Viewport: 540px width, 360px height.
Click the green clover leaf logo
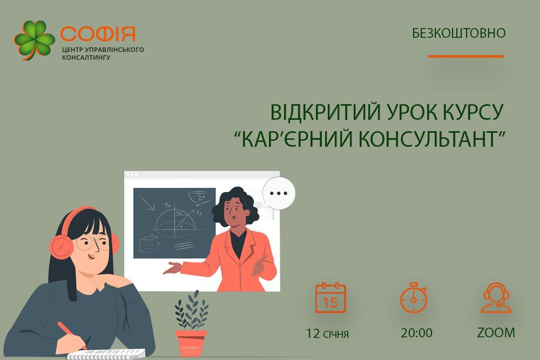[x=35, y=40]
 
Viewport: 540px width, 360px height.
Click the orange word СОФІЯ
[x=98, y=33]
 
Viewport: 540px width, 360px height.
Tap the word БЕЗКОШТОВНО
[x=458, y=33]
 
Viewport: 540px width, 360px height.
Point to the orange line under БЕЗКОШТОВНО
[x=466, y=56]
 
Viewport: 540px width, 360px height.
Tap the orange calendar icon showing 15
[x=330, y=298]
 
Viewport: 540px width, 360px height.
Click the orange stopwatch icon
[x=414, y=298]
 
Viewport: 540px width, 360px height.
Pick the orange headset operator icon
[x=496, y=298]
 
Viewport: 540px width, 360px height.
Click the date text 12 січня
[x=328, y=333]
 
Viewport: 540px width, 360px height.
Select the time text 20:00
[x=416, y=333]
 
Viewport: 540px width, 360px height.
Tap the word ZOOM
[x=496, y=333]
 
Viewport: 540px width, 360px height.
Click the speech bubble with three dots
[x=279, y=193]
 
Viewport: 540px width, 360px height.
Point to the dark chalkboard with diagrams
[x=174, y=223]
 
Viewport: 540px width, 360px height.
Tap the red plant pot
[x=191, y=343]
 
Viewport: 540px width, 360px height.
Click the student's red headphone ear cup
[x=62, y=245]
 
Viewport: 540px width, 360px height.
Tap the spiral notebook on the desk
[x=106, y=354]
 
